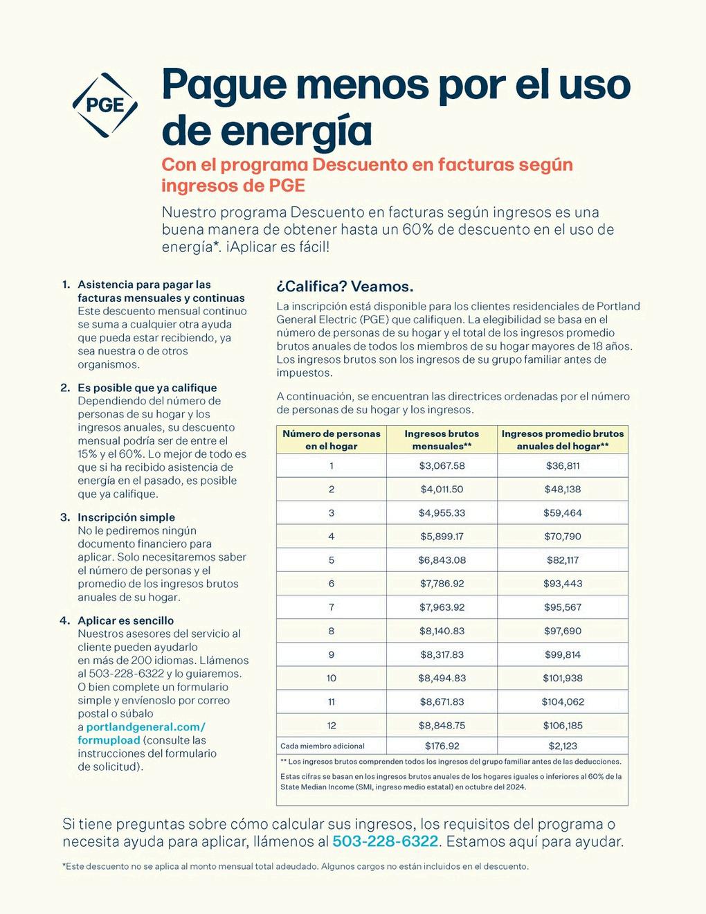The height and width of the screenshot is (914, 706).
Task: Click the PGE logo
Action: coord(105,105)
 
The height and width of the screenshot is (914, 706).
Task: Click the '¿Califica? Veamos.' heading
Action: coord(345,287)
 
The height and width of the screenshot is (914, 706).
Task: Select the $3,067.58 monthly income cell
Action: coord(442,466)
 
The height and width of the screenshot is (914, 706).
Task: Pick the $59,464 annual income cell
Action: coord(562,513)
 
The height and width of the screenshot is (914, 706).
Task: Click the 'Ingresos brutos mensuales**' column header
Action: coord(442,440)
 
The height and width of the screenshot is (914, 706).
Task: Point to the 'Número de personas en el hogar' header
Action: coord(331,440)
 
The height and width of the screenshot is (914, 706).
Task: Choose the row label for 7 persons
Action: coord(331,607)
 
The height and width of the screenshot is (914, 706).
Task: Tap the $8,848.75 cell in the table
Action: coord(442,725)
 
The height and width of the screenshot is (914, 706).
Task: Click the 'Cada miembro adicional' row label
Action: coord(322,746)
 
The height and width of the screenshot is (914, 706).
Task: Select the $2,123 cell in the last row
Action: coord(562,746)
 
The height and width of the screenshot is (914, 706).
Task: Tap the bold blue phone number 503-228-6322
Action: coord(385,842)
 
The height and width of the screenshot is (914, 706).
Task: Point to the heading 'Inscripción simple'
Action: coord(126,517)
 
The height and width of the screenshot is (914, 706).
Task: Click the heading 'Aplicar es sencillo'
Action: coord(125,620)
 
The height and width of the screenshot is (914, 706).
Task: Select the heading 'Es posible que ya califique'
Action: coord(147,388)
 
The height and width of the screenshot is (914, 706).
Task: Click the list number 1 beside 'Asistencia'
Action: coord(66,285)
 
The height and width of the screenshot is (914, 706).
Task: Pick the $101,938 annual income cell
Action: coord(562,678)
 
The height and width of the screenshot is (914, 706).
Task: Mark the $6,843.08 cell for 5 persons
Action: coord(442,560)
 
